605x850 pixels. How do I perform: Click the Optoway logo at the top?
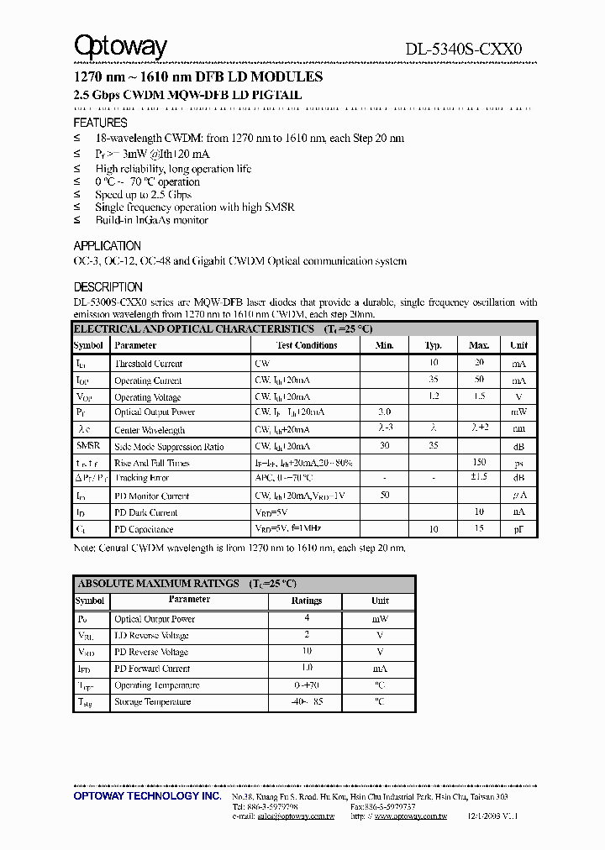(120, 47)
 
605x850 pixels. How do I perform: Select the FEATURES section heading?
(100, 123)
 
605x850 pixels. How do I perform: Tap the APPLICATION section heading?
(108, 246)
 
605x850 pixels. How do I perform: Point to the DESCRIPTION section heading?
(108, 287)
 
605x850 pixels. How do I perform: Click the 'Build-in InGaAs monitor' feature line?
(151, 220)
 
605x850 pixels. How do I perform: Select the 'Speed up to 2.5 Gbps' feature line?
(144, 194)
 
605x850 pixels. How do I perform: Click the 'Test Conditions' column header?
(307, 345)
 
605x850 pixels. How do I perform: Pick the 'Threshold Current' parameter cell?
(148, 364)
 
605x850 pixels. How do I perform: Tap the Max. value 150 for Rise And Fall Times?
(479, 463)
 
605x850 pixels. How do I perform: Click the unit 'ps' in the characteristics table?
(518, 463)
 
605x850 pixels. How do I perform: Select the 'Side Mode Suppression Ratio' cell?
(169, 447)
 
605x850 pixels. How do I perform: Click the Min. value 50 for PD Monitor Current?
(385, 496)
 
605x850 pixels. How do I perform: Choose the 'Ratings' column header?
(307, 601)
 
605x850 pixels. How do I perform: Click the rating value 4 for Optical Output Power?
(307, 619)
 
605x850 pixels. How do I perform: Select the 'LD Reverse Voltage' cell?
(151, 636)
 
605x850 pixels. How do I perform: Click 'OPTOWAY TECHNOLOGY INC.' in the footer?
(147, 795)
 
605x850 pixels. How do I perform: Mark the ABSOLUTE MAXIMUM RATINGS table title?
(187, 583)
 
